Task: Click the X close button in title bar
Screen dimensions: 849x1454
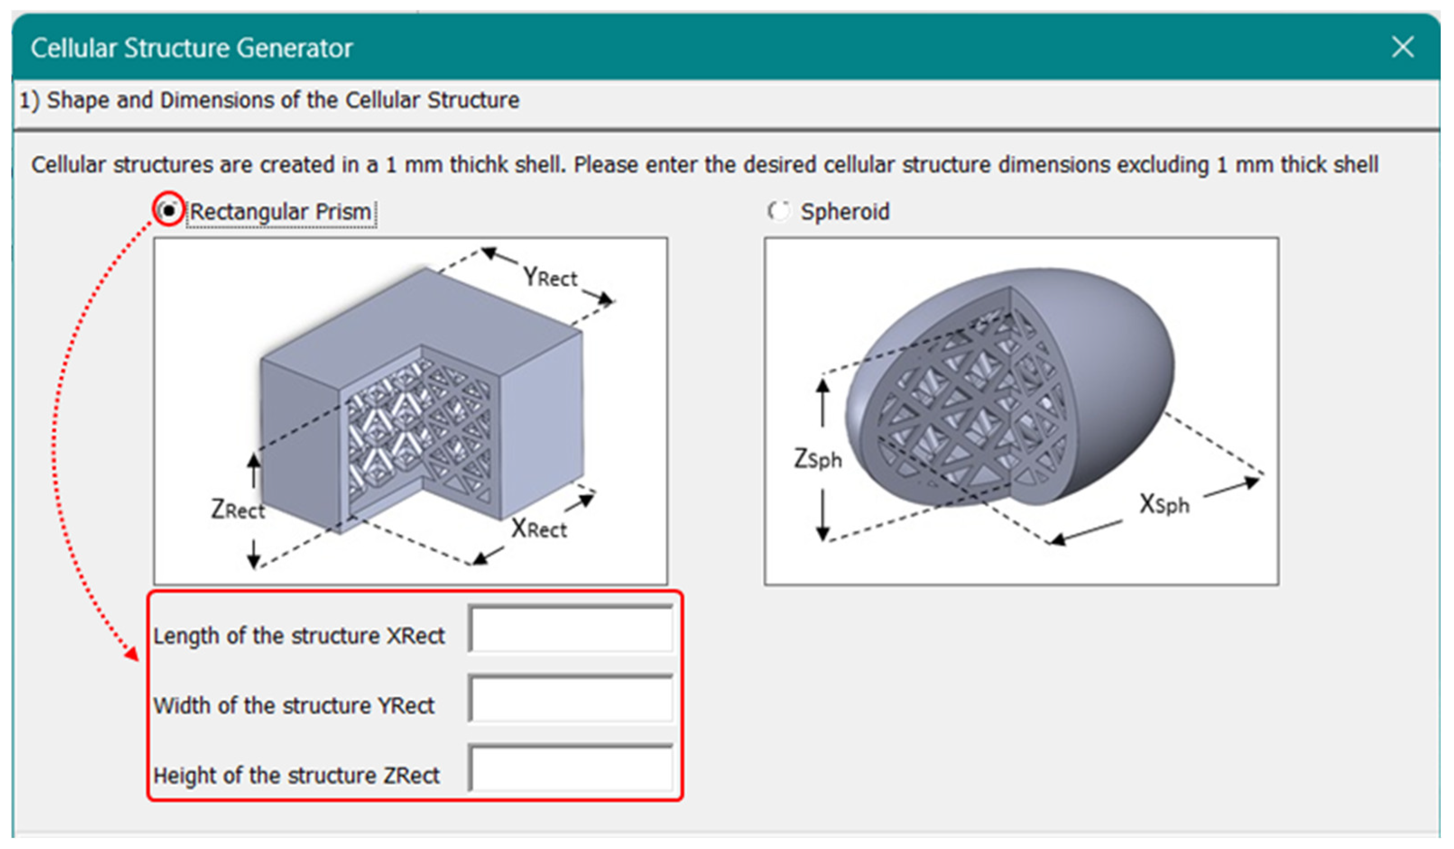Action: click(x=1402, y=47)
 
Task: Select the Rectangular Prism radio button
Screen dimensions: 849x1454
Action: click(x=168, y=211)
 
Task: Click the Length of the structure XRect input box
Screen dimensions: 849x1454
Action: click(x=571, y=629)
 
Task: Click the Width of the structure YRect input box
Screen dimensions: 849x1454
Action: click(x=571, y=699)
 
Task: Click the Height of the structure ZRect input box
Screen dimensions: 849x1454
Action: click(x=571, y=769)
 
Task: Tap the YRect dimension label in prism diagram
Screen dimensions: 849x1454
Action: click(x=549, y=277)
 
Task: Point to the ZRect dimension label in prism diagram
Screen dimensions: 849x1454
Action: click(x=237, y=510)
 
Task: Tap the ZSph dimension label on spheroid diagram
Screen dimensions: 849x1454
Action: click(x=817, y=459)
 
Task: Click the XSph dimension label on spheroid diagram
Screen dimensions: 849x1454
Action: click(x=1164, y=505)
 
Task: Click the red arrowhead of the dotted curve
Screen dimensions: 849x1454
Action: click(x=133, y=654)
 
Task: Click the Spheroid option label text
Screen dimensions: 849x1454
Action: click(x=845, y=211)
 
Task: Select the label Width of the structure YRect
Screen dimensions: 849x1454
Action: click(x=294, y=705)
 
